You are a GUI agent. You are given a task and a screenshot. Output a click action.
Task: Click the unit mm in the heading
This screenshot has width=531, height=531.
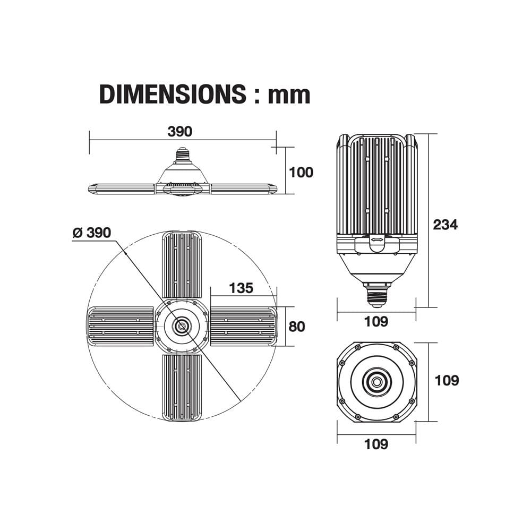[x=289, y=96]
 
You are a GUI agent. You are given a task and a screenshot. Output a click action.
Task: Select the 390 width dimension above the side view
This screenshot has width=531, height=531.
[x=180, y=131]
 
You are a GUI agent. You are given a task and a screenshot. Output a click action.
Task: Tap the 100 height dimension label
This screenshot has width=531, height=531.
[x=301, y=173]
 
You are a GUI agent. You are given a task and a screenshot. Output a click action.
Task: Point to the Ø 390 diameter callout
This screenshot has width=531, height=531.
[x=92, y=233]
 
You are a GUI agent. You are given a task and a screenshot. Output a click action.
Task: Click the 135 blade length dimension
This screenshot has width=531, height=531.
[x=241, y=288]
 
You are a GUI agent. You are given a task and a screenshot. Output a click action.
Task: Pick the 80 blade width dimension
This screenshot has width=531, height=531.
[x=297, y=327]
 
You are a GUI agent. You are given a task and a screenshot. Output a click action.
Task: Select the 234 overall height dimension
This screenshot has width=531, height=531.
[x=446, y=225]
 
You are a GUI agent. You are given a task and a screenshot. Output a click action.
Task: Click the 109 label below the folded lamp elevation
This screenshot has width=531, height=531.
[x=376, y=321]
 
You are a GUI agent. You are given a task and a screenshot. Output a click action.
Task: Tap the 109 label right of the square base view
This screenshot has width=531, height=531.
[x=447, y=380]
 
